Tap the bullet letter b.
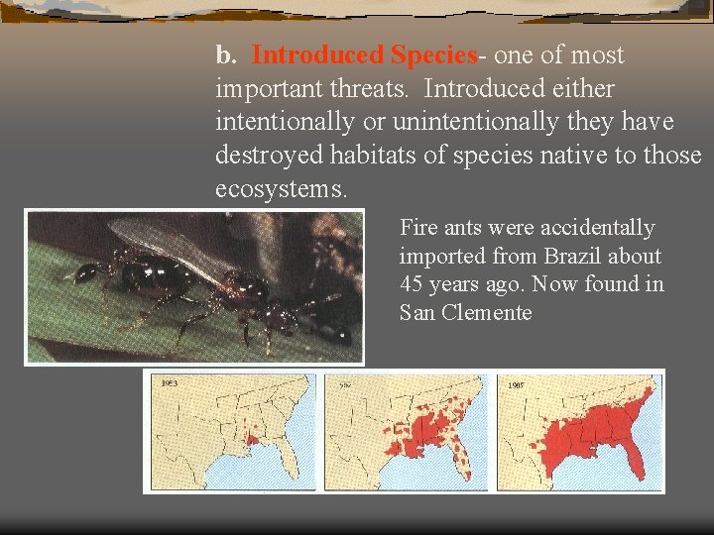click(x=224, y=55)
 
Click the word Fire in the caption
click(x=418, y=228)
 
